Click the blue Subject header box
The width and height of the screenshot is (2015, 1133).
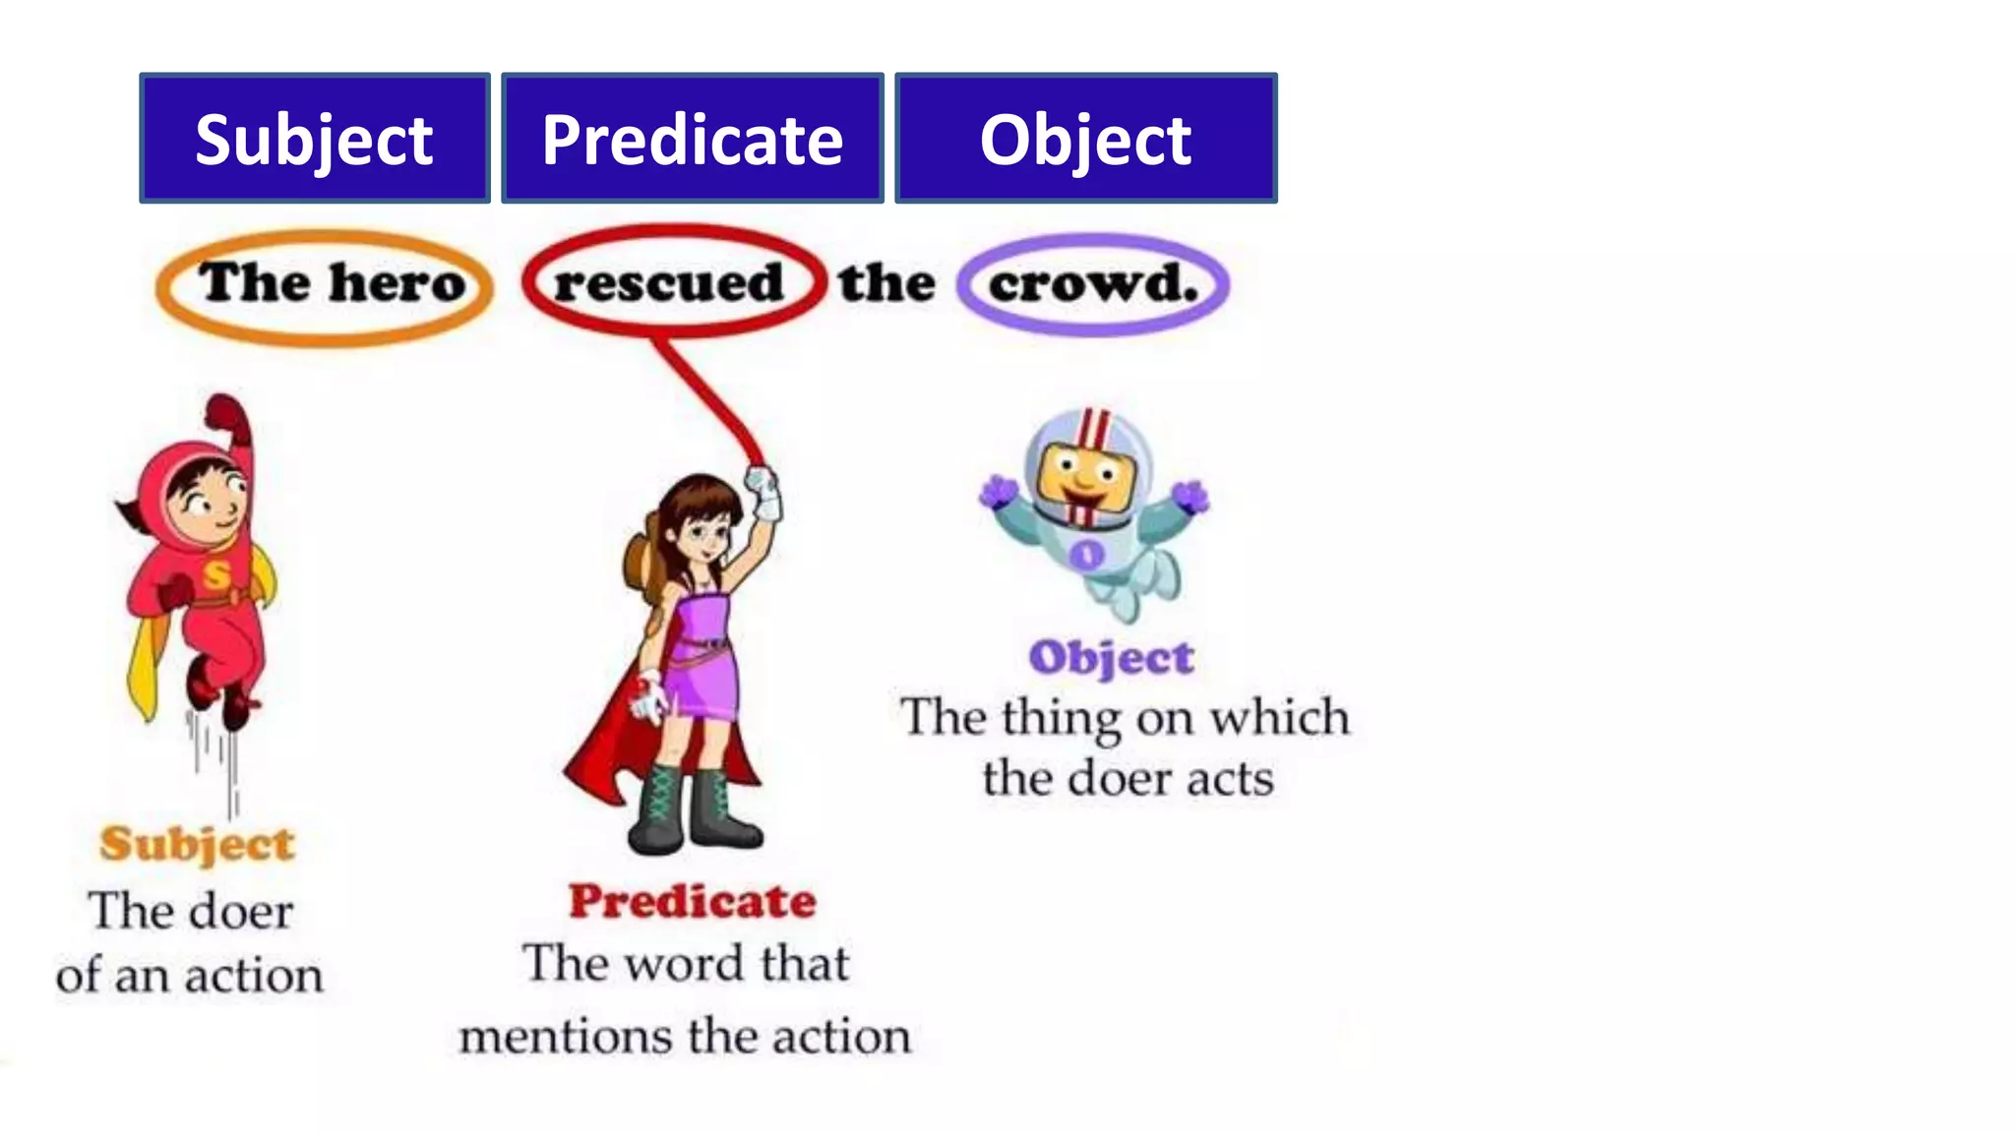click(314, 138)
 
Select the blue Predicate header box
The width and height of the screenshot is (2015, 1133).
click(692, 138)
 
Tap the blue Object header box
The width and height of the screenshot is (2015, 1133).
click(1085, 138)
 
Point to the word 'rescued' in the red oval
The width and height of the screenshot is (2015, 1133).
click(669, 283)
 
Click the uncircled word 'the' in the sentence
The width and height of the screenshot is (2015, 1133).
click(886, 283)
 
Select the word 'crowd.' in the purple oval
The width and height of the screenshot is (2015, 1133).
click(1093, 284)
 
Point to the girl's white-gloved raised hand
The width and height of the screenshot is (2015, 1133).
click(763, 492)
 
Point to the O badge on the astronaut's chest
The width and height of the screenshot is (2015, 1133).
click(1086, 555)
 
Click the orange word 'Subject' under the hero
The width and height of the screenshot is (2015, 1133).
click(197, 844)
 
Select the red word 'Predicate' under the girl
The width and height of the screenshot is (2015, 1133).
click(693, 901)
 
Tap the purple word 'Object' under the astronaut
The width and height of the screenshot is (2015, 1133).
click(1111, 658)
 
